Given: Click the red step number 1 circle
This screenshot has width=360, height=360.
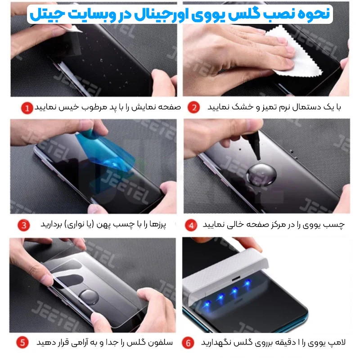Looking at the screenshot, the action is point(27,108).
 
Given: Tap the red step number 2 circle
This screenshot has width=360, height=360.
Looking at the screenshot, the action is point(193,107).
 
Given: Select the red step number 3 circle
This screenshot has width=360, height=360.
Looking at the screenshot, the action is point(24,225).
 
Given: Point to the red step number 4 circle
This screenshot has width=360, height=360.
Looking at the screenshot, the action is point(191,225).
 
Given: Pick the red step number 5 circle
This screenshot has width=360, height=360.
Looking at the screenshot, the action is point(22,342).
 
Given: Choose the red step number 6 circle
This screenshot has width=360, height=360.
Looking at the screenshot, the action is point(188,343).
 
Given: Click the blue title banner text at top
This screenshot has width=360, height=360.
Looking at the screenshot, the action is point(180,14).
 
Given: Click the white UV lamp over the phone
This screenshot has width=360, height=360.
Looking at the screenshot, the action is point(225,273).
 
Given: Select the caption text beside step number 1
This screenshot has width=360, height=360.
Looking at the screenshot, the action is point(108,107).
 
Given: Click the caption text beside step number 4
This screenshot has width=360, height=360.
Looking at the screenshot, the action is point(273,225).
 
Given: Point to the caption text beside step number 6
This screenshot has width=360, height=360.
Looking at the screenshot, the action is point(273,342).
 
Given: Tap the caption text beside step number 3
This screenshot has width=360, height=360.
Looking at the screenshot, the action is point(103,224).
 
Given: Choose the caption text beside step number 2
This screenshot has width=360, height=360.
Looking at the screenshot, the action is point(274,107).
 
